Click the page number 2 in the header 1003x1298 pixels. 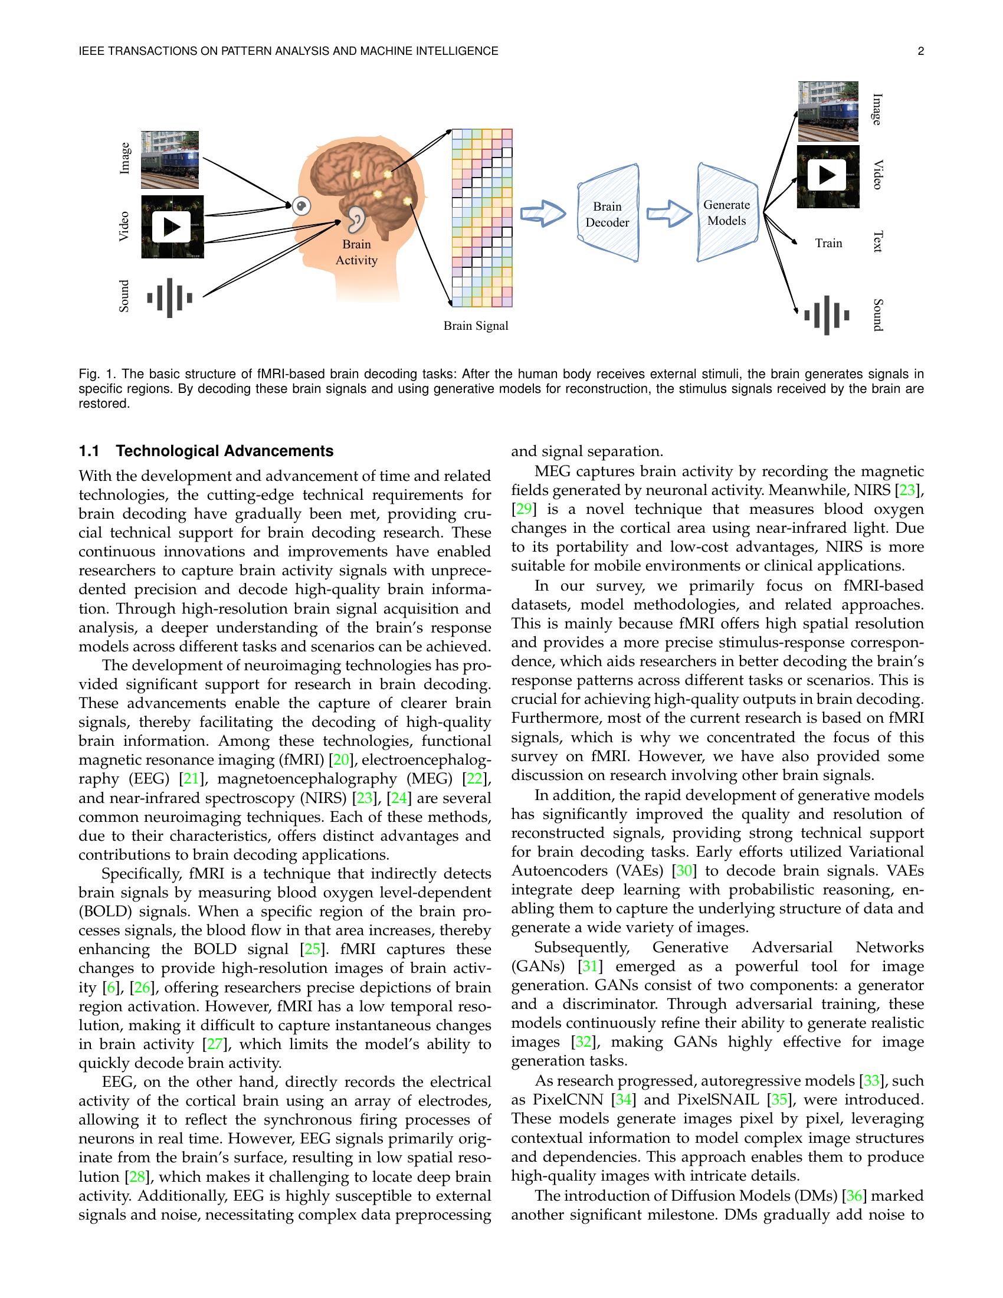(x=920, y=51)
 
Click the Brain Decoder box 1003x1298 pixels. (x=607, y=214)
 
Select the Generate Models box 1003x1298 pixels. (x=727, y=213)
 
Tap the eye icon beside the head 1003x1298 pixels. (x=302, y=206)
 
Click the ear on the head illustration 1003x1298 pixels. (x=356, y=219)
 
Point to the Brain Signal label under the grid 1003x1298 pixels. (x=476, y=326)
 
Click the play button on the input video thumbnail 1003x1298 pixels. (x=172, y=227)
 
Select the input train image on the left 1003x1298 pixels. (x=170, y=159)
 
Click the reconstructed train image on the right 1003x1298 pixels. (x=828, y=112)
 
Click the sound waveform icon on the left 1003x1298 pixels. (x=170, y=297)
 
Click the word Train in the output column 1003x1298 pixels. (x=828, y=243)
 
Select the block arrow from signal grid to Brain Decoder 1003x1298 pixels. (x=542, y=214)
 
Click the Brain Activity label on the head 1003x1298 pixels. (x=356, y=252)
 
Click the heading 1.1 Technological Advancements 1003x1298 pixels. (x=206, y=451)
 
